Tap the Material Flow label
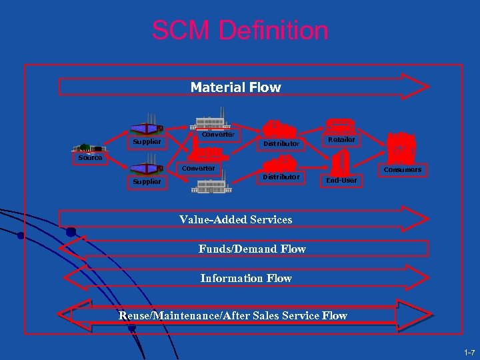pyautogui.click(x=235, y=87)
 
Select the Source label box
pyautogui.click(x=90, y=158)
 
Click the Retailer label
pyautogui.click(x=341, y=140)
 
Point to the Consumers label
pyautogui.click(x=403, y=170)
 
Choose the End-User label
pyautogui.click(x=341, y=180)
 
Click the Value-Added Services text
pyautogui.click(x=235, y=219)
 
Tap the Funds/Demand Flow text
pyautogui.click(x=252, y=249)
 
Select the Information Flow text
pyautogui.click(x=246, y=278)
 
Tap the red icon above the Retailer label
pyautogui.click(x=341, y=127)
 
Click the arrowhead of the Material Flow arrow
pyautogui.click(x=414, y=87)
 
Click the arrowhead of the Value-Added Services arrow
pyautogui.click(x=414, y=219)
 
